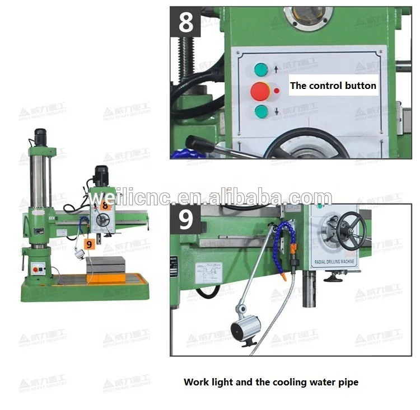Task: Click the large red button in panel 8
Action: (260, 90)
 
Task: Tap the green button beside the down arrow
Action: (262, 111)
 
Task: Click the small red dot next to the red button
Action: (276, 90)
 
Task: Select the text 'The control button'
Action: (333, 86)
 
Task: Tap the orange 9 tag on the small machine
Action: (89, 244)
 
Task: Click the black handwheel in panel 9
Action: (351, 232)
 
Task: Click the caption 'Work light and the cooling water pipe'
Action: (271, 383)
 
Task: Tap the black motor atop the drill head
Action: (101, 175)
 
